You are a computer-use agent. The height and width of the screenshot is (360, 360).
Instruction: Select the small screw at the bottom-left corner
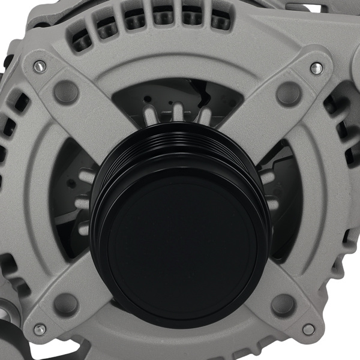point(40,329)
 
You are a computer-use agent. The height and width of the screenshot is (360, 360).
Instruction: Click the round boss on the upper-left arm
point(66,91)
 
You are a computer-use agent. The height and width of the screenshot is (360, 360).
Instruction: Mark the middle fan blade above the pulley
point(179,112)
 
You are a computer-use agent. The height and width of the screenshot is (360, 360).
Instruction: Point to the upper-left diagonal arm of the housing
point(90,114)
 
